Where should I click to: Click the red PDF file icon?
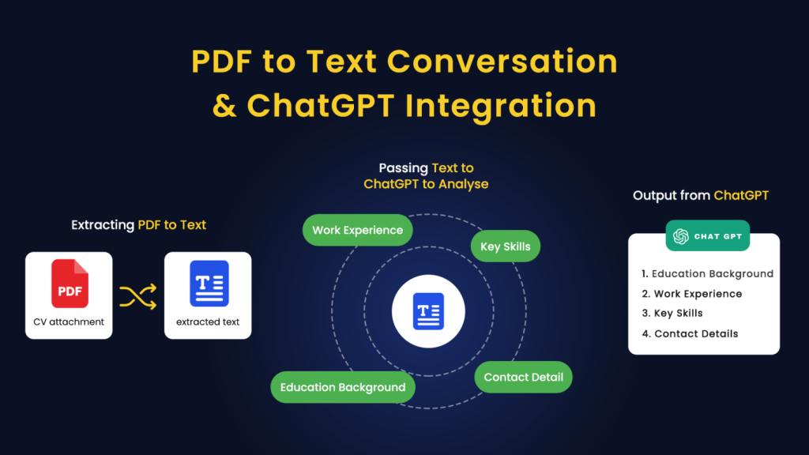[70, 284]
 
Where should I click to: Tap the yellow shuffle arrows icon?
[138, 297]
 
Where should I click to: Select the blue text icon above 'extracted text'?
[209, 284]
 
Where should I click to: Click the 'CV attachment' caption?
[69, 322]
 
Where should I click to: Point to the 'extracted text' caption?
[208, 322]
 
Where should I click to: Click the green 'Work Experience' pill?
[358, 230]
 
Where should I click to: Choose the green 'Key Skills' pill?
[506, 246]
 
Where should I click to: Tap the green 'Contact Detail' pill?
[523, 377]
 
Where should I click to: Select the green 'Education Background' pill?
[343, 387]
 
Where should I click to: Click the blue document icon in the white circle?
[428, 311]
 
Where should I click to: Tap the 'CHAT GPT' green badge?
[707, 235]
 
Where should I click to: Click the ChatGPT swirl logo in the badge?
[681, 236]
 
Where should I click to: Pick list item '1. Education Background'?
[707, 274]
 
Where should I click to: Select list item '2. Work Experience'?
[692, 294]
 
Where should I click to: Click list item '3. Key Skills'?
[672, 313]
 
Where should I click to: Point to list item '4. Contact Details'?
[690, 334]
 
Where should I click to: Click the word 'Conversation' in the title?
[502, 62]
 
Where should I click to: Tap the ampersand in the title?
[224, 105]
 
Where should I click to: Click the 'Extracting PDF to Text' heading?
[138, 225]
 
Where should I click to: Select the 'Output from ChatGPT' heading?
[701, 196]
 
